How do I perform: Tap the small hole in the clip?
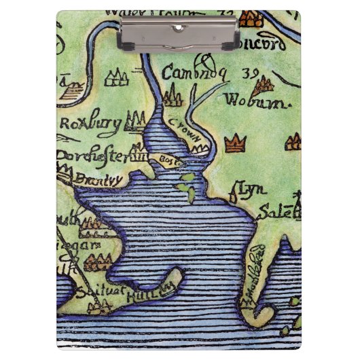click(179, 27)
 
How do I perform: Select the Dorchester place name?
click(93, 155)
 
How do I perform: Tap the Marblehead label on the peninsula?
click(254, 287)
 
